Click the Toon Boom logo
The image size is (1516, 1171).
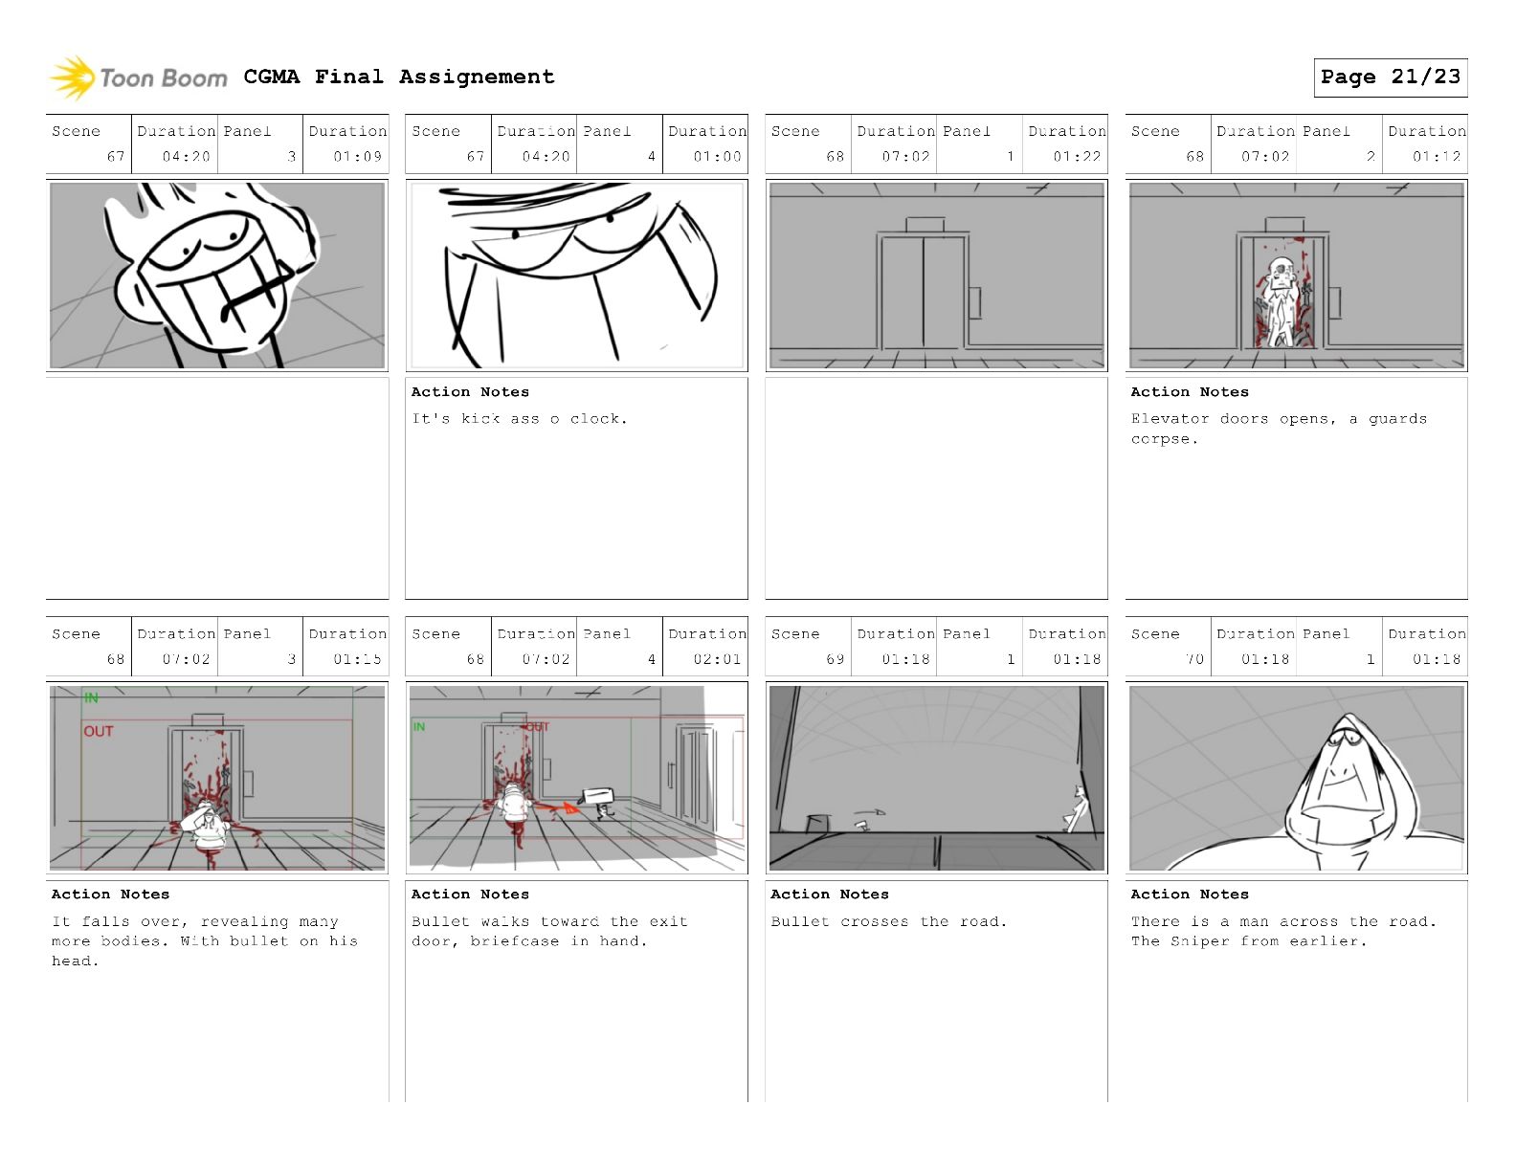[x=138, y=77]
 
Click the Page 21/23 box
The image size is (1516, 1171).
[x=1390, y=77]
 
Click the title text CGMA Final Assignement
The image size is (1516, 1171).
[x=399, y=77]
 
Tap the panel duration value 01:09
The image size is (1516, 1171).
[x=357, y=156]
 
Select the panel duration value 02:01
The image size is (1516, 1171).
[x=717, y=659]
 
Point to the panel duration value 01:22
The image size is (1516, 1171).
[x=1077, y=156]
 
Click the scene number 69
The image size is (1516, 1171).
[x=836, y=659]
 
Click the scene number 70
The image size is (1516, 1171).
[x=1195, y=659]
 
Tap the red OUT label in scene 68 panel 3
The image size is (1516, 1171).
[x=99, y=732]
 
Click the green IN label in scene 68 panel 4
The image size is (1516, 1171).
[x=418, y=727]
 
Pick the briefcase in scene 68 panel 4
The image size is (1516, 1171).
[x=598, y=797]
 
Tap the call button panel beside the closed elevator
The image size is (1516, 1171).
[x=975, y=302]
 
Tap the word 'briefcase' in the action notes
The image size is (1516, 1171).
[x=514, y=941]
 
